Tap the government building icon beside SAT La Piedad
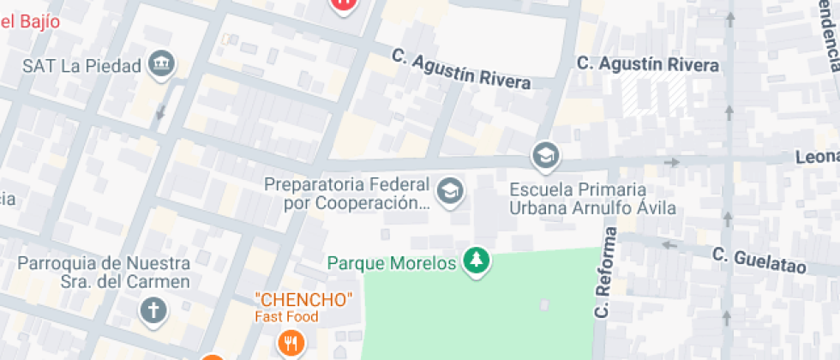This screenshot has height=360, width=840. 160,64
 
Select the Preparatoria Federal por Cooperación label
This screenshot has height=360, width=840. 346,194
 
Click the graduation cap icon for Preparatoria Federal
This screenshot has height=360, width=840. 448,192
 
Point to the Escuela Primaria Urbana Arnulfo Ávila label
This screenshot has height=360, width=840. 592,198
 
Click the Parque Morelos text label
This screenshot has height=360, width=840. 392,263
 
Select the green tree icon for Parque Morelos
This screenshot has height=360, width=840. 477,261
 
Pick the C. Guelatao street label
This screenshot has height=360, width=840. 759,260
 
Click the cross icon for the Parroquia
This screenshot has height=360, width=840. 153,310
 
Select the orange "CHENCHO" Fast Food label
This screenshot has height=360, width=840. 303,307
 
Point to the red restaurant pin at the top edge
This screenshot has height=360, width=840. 343,3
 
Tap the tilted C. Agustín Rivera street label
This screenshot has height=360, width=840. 461,69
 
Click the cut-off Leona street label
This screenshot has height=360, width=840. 817,158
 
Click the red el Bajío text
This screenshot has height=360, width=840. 30,21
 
